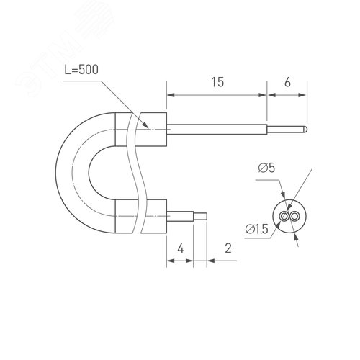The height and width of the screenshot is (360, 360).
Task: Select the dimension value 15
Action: (x=217, y=83)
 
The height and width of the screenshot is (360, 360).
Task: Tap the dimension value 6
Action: (x=288, y=83)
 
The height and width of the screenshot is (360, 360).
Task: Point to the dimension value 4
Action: (x=181, y=248)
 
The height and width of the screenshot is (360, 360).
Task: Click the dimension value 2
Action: (x=228, y=248)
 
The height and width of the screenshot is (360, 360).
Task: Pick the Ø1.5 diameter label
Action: (x=257, y=228)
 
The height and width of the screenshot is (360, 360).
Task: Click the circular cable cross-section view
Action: (x=289, y=217)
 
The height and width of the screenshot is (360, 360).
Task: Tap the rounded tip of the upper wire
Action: (x=306, y=130)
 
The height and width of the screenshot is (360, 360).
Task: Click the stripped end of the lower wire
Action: (x=202, y=215)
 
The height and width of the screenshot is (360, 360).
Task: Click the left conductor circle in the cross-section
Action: (x=286, y=217)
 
